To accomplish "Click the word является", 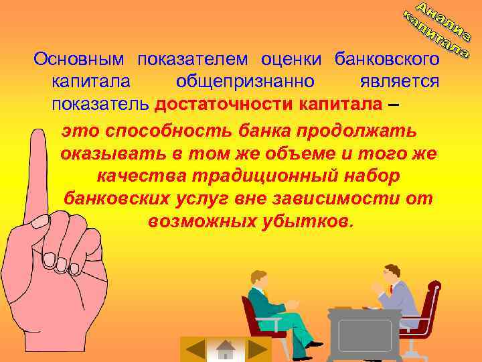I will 399,82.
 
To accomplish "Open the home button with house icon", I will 226,349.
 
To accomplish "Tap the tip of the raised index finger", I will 42,134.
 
